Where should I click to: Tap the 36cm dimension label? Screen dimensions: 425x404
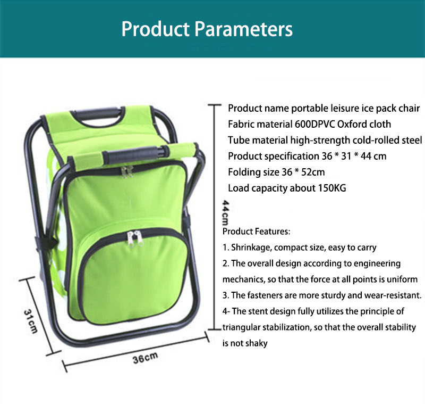pos(145,358)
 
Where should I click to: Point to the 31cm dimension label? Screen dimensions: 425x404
pos(30,321)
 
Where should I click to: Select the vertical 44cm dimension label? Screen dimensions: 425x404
pos(225,213)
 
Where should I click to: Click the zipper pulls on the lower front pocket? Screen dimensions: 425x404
pos(135,238)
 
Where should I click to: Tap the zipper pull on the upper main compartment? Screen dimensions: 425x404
pos(127,171)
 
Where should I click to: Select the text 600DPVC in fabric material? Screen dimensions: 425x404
pos(314,125)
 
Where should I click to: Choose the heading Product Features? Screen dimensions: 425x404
pos(256,232)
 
